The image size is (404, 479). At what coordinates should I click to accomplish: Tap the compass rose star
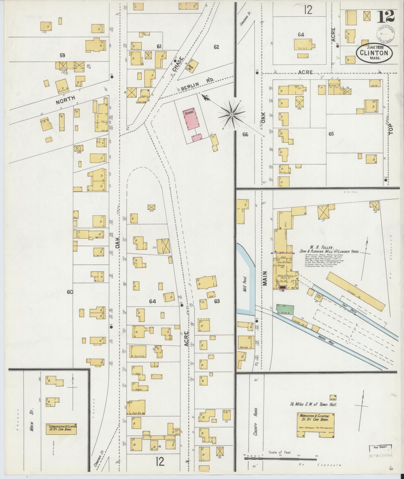(232, 115)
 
